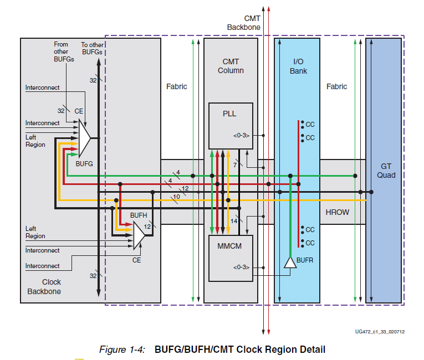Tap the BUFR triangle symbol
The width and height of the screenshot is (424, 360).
coord(290,263)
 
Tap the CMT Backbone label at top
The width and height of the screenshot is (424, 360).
coord(244,23)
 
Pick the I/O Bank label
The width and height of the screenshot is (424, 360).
coord(300,66)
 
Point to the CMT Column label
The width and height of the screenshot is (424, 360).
coord(231,66)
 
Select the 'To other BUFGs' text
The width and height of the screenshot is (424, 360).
coord(93,48)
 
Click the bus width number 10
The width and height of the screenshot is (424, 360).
coord(176,197)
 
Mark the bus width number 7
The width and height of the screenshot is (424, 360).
coord(236,165)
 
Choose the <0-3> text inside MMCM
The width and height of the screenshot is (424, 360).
coord(241,268)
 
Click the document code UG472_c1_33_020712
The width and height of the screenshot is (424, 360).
coord(380,332)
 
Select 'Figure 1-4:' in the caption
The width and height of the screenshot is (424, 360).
coord(122,349)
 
